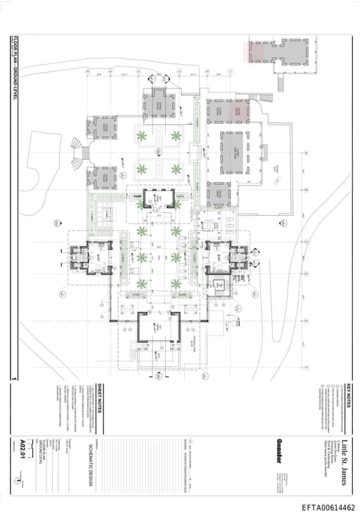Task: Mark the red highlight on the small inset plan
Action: (255, 50)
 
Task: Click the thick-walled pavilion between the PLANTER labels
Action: (158, 200)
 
